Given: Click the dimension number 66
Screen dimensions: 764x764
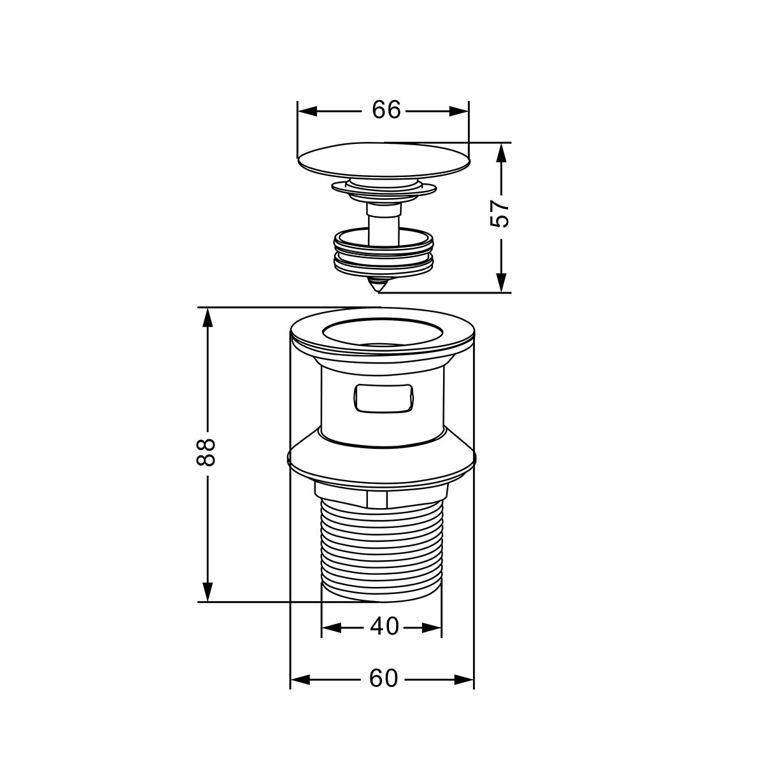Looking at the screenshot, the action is [x=386, y=110].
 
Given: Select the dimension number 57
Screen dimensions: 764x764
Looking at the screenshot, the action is [x=499, y=214].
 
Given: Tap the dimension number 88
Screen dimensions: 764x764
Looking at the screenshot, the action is [x=206, y=453].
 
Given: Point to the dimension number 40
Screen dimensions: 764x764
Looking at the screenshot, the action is [x=384, y=626].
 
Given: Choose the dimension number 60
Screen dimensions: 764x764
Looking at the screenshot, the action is [x=383, y=678].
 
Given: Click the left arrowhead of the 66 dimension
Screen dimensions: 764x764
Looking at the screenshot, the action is [x=308, y=111].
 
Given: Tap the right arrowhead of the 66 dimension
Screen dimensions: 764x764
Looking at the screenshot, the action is [x=458, y=111].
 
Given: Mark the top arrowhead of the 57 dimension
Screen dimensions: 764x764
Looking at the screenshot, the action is [x=502, y=152].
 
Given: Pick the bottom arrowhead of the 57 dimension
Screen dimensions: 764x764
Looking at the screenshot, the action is [x=502, y=283].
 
